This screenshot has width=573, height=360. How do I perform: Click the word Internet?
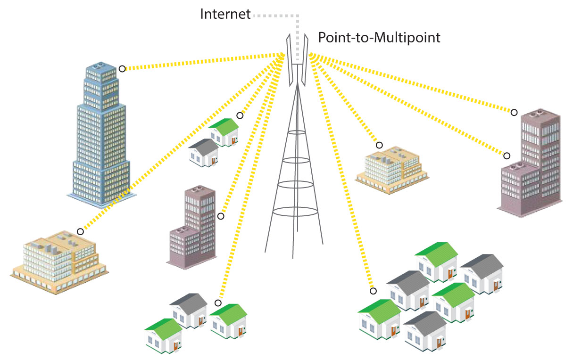[225, 14]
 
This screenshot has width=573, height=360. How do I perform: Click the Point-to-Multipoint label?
[379, 38]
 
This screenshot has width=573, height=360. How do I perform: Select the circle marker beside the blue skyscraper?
[122, 69]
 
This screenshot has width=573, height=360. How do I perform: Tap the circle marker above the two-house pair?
[240, 115]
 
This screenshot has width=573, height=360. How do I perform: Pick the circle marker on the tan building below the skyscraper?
[81, 231]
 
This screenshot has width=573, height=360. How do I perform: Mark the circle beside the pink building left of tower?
[220, 216]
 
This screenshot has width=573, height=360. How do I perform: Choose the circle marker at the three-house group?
[218, 303]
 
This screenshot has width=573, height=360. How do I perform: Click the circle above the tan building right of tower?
[379, 145]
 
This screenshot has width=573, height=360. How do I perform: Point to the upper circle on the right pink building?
[514, 113]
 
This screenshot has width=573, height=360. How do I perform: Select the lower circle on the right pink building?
[507, 156]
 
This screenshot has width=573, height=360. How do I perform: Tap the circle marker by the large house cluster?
[373, 291]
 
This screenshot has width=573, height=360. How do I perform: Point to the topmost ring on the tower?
[297, 133]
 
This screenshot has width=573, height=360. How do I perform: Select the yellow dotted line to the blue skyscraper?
[203, 62]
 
